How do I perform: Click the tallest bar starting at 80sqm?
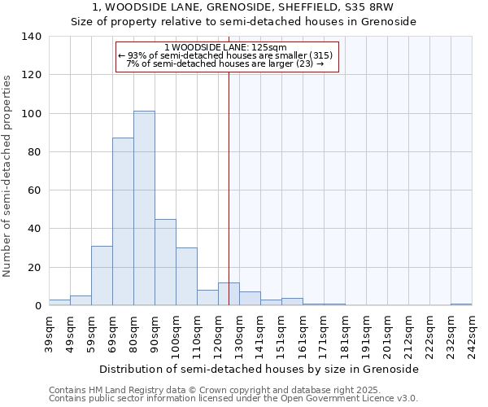(144, 208)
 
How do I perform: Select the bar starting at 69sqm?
(123, 221)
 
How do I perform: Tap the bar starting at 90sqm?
(165, 262)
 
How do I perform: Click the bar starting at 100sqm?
(186, 277)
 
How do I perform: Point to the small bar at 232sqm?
(461, 304)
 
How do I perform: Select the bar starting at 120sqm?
(229, 294)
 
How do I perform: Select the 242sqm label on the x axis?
(472, 335)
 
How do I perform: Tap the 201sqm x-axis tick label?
(387, 335)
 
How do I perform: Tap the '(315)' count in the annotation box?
(320, 55)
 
